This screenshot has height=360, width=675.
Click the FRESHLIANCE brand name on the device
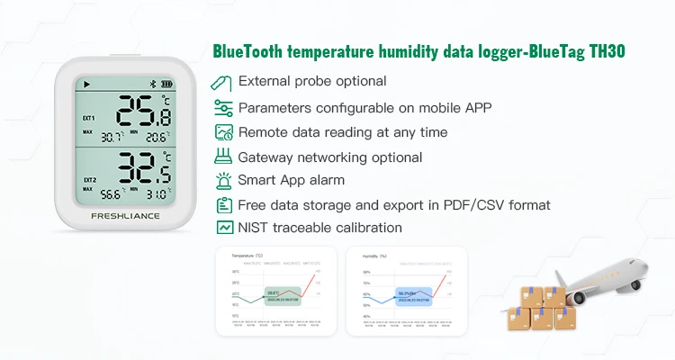click(x=126, y=217)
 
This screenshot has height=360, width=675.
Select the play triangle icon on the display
click(x=87, y=84)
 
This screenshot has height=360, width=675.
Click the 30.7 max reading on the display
click(x=112, y=138)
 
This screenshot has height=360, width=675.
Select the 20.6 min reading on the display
click(x=157, y=138)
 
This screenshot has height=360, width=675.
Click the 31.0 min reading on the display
click(x=157, y=193)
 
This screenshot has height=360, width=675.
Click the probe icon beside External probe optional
click(x=222, y=83)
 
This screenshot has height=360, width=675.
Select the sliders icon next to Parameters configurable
click(x=222, y=108)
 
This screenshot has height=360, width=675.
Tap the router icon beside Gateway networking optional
click(x=222, y=156)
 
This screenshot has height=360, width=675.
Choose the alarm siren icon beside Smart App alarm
click(x=222, y=180)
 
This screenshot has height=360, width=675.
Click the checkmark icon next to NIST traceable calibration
click(x=222, y=228)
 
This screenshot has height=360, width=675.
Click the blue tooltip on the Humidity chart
click(x=411, y=295)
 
